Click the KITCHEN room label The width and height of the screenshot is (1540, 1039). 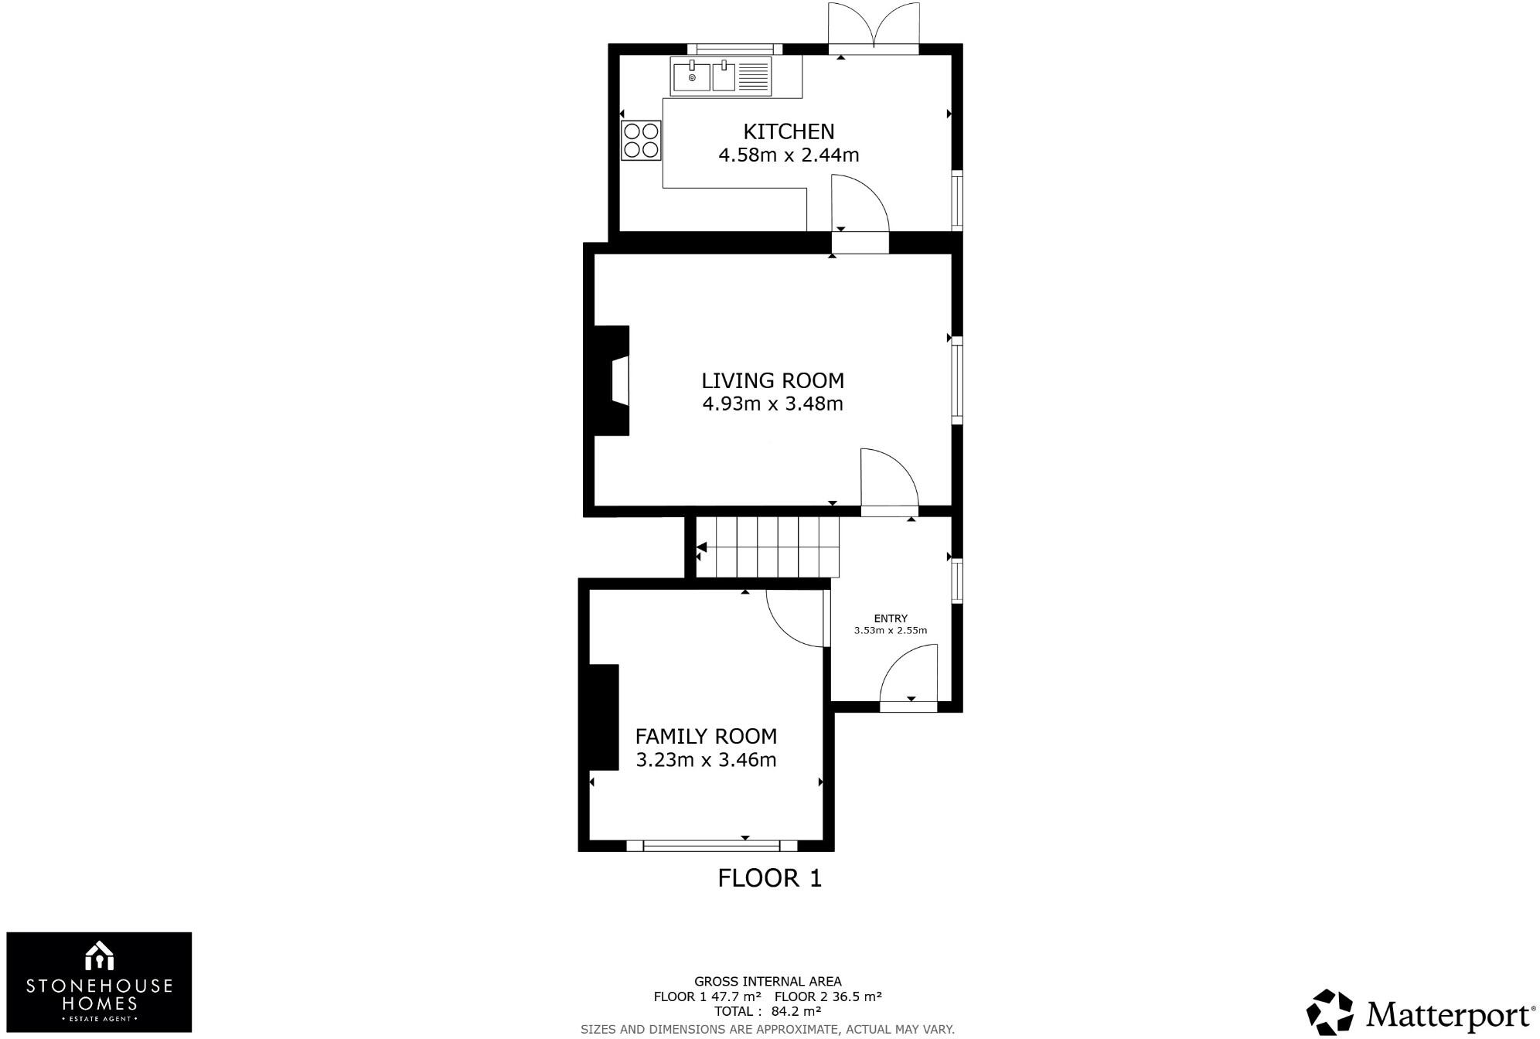789,131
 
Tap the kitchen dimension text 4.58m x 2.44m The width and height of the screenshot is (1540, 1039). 789,155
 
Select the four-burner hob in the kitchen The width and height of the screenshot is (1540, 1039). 641,141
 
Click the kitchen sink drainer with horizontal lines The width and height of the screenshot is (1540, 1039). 754,77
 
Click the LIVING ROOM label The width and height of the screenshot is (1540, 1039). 772,380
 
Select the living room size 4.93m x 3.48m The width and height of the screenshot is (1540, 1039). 772,404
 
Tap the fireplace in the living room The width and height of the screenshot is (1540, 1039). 612,380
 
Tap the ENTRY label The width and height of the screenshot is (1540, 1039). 891,618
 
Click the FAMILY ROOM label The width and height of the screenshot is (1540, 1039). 706,736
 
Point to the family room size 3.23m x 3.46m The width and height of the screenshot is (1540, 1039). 706,760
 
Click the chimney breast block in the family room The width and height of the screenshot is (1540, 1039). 604,717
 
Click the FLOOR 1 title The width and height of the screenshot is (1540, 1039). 769,878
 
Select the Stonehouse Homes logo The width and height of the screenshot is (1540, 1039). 99,982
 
